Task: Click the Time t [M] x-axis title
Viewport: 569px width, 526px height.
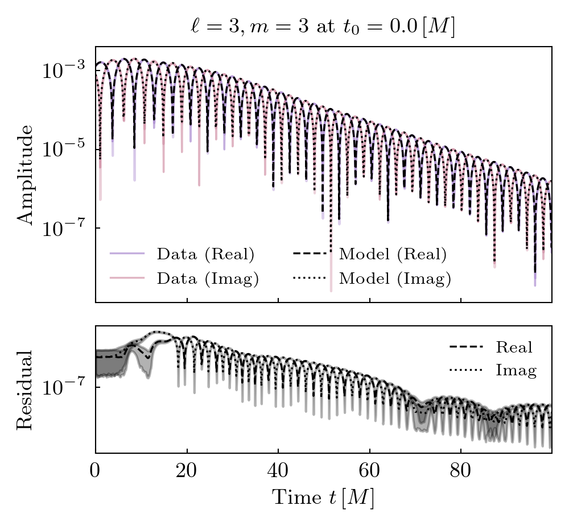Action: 323,498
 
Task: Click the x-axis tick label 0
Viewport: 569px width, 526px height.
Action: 96,472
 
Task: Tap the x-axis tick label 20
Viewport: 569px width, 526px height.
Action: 187,472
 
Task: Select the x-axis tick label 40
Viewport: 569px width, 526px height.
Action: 278,472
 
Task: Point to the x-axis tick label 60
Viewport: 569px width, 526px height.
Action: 369,472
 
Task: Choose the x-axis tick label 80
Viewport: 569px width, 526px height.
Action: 460,472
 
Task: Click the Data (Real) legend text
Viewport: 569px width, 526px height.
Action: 205,254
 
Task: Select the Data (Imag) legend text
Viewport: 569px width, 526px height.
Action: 208,279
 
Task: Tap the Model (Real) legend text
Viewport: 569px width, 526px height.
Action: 393,254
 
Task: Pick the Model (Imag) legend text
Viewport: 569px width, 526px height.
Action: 395,279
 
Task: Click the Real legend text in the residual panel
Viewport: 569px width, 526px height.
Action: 514,347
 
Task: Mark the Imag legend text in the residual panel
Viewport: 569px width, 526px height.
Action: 516,371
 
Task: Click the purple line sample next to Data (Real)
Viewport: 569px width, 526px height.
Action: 126,254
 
